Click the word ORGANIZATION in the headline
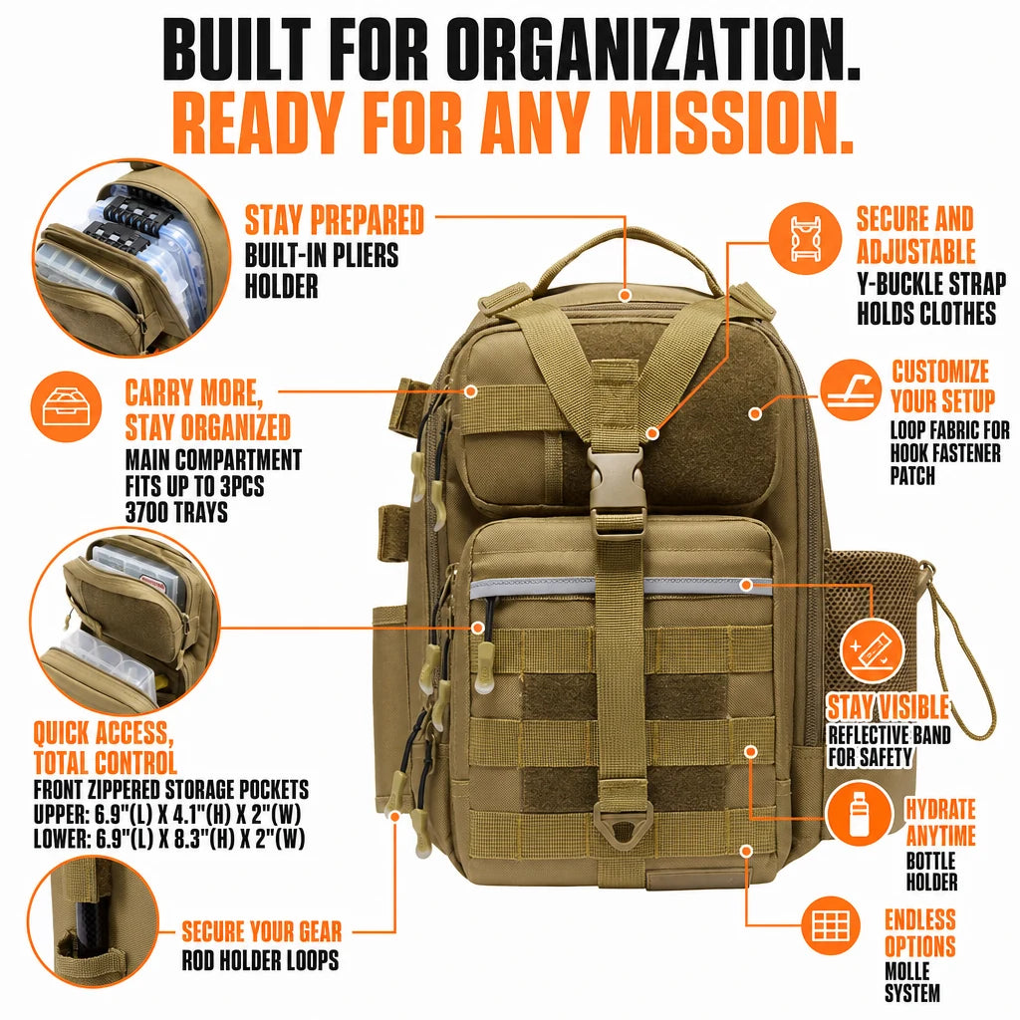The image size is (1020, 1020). click(x=651, y=50)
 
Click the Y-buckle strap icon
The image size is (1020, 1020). click(x=805, y=237)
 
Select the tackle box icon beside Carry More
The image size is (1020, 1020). click(x=66, y=407)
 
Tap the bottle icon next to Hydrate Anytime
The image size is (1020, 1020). click(x=860, y=814)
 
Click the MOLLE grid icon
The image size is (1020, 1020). click(x=831, y=925)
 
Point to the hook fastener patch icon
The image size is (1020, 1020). click(x=851, y=389)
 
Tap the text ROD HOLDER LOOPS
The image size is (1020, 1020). click(x=260, y=960)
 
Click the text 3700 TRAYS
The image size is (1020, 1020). click(x=177, y=512)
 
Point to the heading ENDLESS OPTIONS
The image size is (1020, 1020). click(x=919, y=932)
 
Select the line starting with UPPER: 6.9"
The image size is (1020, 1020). click(x=167, y=815)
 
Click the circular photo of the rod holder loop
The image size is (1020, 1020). click(x=93, y=920)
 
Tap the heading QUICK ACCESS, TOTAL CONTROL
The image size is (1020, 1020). click(x=105, y=747)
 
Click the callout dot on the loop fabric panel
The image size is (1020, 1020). click(x=755, y=413)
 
